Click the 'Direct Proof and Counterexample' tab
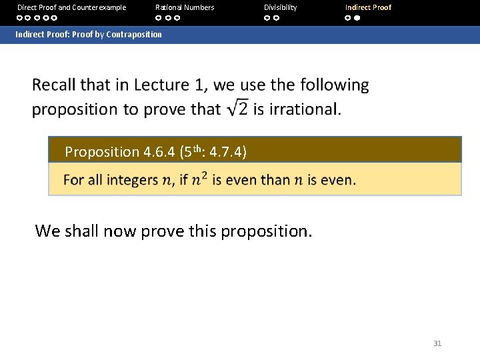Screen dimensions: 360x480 (71, 7)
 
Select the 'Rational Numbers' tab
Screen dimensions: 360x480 (185, 7)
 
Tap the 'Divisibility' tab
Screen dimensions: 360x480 (280, 7)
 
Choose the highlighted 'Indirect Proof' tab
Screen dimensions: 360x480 (368, 7)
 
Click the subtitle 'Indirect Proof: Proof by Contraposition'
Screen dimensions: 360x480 (89, 34)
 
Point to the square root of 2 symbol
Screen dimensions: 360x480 (236, 108)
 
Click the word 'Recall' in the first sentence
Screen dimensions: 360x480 (53, 85)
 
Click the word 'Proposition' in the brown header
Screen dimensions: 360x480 (101, 152)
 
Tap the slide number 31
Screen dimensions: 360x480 (437, 343)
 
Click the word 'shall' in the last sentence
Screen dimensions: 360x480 (83, 231)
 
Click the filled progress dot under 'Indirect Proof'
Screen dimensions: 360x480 (357, 18)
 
